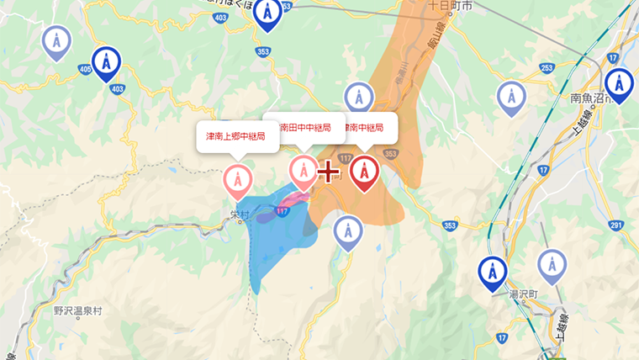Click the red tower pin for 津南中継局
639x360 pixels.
363,171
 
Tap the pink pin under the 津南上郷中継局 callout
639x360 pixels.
237,179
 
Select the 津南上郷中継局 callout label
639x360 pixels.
237,136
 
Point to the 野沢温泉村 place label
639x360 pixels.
77,310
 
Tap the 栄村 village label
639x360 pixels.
240,215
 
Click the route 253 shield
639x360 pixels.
547,68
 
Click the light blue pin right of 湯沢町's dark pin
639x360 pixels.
551,264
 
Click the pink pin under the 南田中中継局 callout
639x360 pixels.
303,170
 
